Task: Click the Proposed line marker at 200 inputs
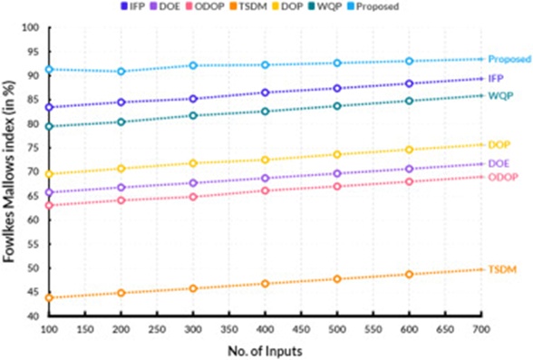[x=121, y=72]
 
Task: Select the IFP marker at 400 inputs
[x=265, y=92]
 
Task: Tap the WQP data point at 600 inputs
[x=410, y=101]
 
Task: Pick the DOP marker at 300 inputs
[x=193, y=163]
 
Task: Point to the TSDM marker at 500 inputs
[x=337, y=279]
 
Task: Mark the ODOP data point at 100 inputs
[x=49, y=205]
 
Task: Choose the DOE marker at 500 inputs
[x=337, y=174]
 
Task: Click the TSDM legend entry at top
[x=248, y=6]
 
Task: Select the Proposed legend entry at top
[x=373, y=6]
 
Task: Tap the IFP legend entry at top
[x=133, y=6]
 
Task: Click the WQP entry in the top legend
[x=325, y=6]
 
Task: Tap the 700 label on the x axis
[x=481, y=329]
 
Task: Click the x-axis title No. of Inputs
[x=265, y=351]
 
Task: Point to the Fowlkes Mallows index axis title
[x=9, y=171]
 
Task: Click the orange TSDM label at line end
[x=502, y=269]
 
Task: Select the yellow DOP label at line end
[x=499, y=145]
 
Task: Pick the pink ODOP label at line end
[x=503, y=177]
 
